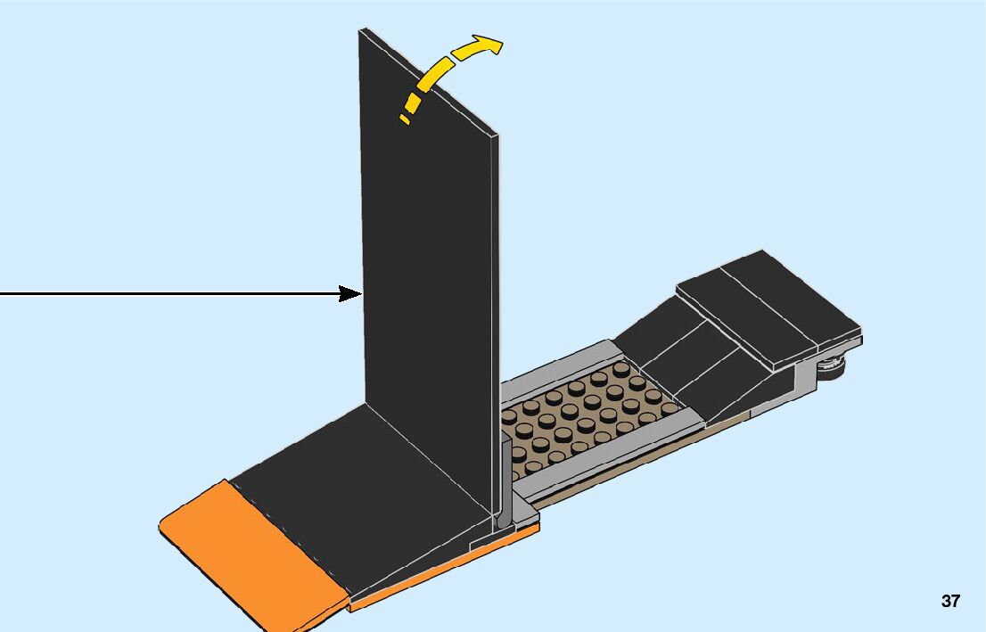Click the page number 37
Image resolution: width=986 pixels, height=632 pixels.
(950, 601)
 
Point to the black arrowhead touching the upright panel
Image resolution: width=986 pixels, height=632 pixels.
(352, 293)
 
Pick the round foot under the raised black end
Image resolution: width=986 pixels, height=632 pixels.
(833, 367)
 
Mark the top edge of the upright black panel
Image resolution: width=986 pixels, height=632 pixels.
(428, 80)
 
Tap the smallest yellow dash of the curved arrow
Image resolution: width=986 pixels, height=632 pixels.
(404, 119)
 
